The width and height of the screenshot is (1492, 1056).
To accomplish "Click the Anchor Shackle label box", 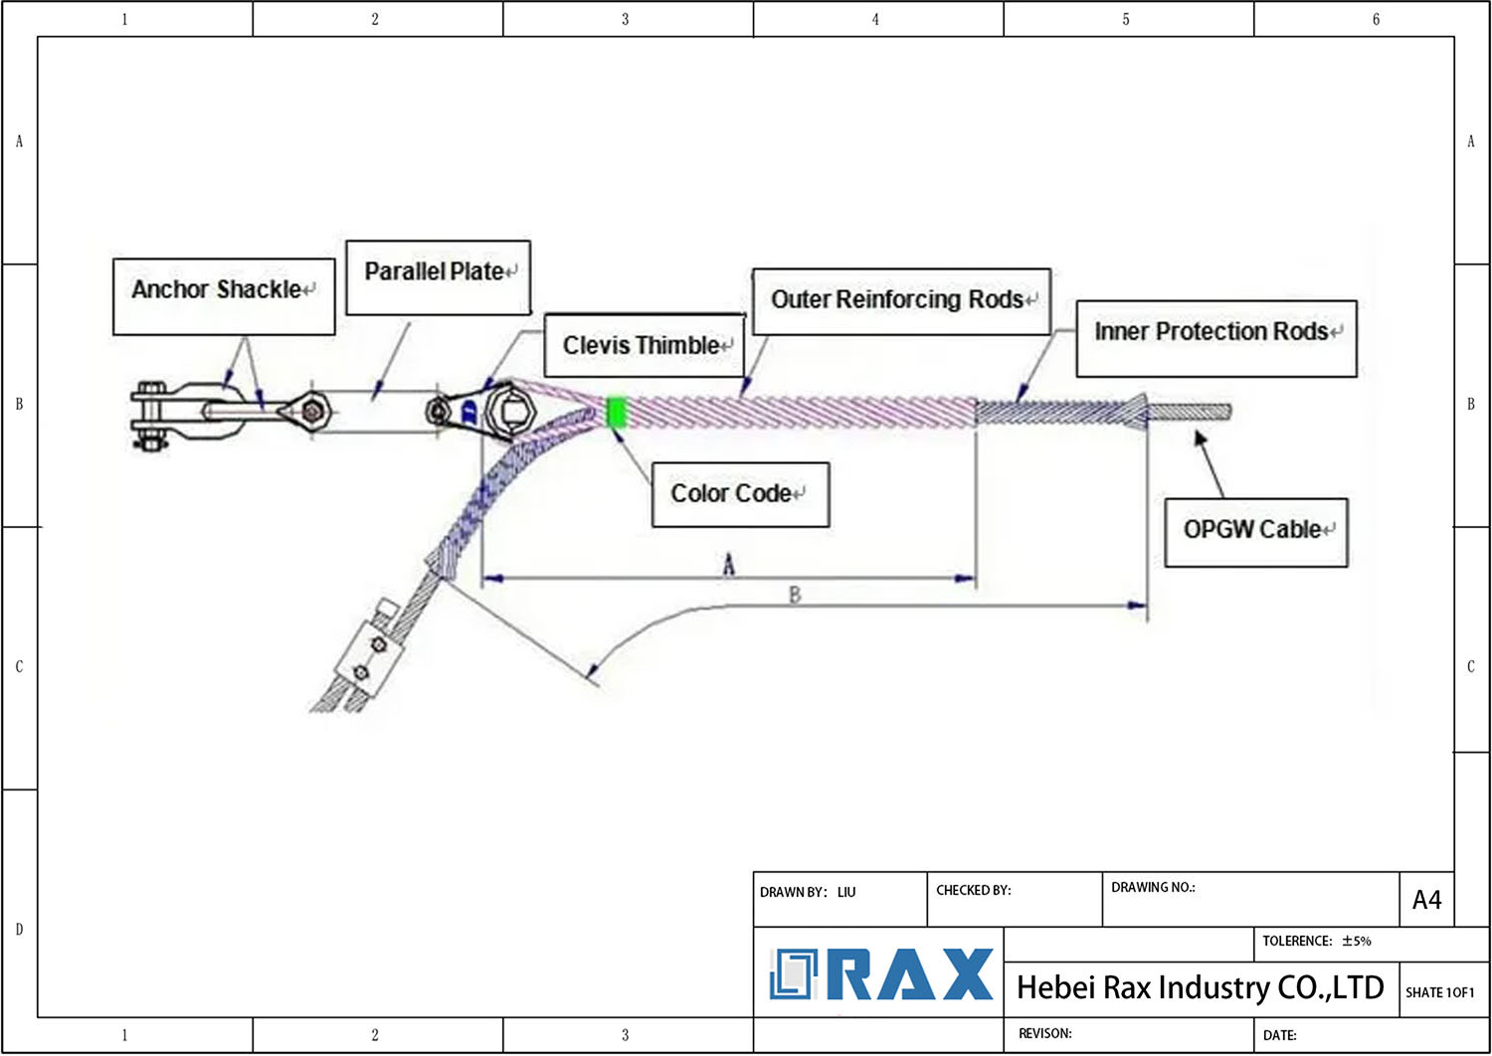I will point(224,295).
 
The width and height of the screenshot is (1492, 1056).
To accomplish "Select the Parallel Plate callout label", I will point(438,276).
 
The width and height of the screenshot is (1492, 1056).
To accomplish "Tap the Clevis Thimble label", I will point(645,345).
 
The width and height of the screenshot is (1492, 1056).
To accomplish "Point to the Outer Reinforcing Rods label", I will point(901,300).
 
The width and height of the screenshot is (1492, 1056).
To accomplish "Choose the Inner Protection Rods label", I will point(1215,337).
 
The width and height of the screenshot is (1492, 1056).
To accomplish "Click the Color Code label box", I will point(739,494).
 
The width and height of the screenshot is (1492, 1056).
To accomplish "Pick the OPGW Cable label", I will point(1255,531).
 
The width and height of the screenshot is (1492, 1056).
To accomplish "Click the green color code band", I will point(617,412).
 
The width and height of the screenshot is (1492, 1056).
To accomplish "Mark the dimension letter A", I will point(729,566).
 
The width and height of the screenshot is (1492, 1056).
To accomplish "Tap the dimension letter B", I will point(794,595).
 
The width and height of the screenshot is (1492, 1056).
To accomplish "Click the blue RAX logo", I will point(881,974).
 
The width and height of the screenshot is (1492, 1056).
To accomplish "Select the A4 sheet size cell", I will point(1426,900).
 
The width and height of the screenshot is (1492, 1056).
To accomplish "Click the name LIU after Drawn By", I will point(846,892).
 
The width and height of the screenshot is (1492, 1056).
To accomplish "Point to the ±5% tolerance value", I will point(1356,941).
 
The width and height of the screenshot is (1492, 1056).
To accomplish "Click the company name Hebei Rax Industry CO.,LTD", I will point(1200,987).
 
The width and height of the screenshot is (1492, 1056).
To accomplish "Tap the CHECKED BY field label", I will point(973,890).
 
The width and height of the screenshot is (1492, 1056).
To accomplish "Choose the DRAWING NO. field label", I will point(1152,887).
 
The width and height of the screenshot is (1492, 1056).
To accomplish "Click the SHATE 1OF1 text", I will point(1439,992).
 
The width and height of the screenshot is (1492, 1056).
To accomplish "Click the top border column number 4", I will point(875,19).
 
